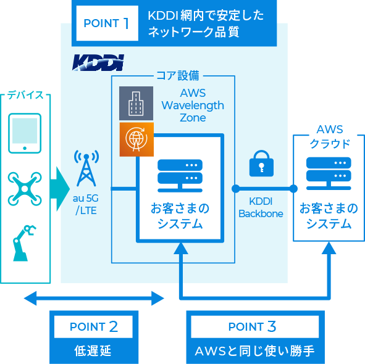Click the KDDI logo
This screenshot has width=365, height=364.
98,62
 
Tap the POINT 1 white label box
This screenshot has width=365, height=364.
107,23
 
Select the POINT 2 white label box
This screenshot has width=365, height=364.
94,326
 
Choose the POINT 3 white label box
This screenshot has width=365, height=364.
254,326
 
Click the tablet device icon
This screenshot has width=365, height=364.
25,133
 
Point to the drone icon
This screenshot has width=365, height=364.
25,189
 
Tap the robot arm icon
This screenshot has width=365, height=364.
24,242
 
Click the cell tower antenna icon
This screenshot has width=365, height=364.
86,168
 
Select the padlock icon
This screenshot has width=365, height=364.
261,163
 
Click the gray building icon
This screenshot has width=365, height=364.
136,103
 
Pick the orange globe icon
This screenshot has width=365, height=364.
136,139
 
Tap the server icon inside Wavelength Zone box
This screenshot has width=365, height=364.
180,176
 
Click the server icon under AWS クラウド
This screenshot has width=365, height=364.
329,173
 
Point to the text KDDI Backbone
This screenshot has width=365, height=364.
261,207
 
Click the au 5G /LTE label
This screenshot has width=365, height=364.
86,204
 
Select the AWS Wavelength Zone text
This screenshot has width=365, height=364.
193,105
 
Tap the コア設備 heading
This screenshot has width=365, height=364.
178,76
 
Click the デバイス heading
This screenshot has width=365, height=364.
25,95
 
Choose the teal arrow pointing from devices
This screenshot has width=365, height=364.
60,189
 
